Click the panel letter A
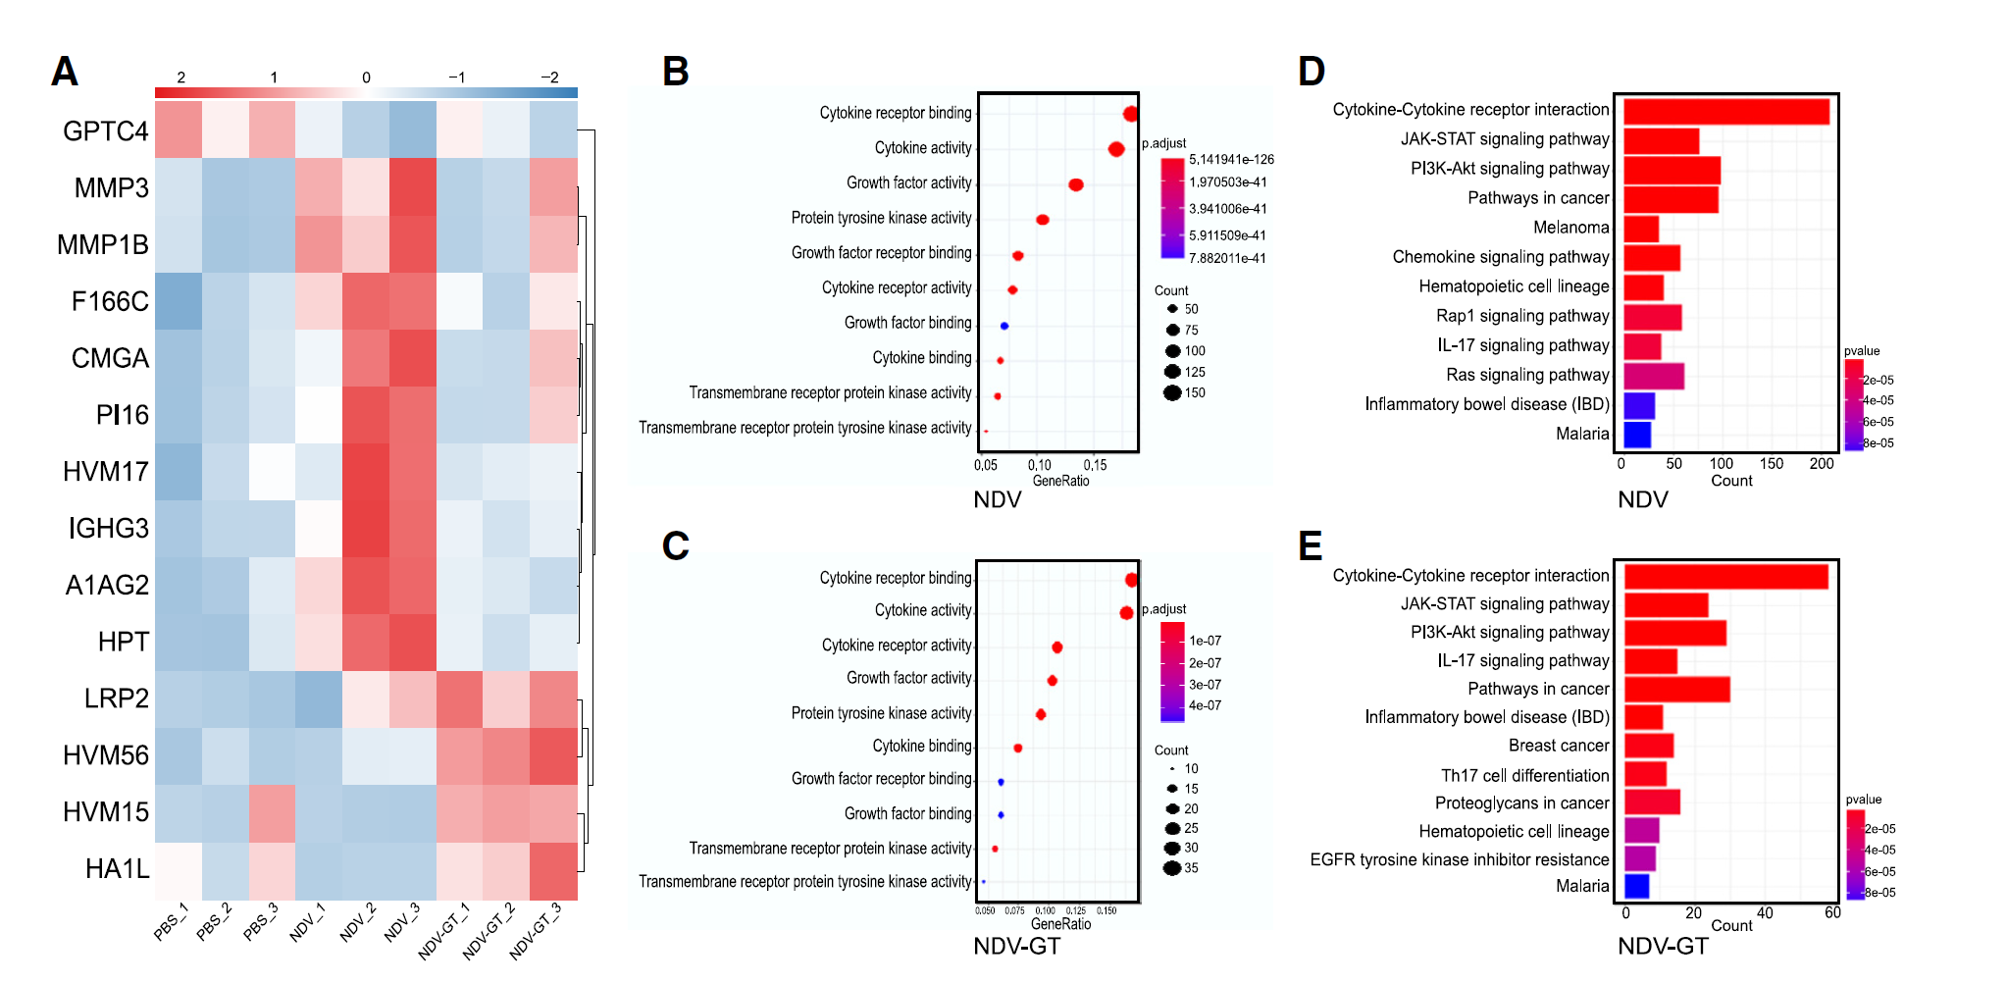(65, 72)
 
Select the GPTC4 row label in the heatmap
(105, 131)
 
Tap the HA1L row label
(118, 869)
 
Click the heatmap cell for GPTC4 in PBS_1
(179, 129)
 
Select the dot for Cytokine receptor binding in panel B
(1130, 114)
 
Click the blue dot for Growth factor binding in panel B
(1004, 326)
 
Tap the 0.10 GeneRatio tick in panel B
(1040, 465)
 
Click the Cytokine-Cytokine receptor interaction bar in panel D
(1725, 111)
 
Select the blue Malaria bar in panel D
(1637, 435)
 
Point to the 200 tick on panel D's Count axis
(1822, 464)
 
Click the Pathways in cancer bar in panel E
(1676, 690)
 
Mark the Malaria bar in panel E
(1636, 887)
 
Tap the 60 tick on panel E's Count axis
(1832, 913)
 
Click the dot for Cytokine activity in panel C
(1126, 613)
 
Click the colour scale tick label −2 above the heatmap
(550, 78)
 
